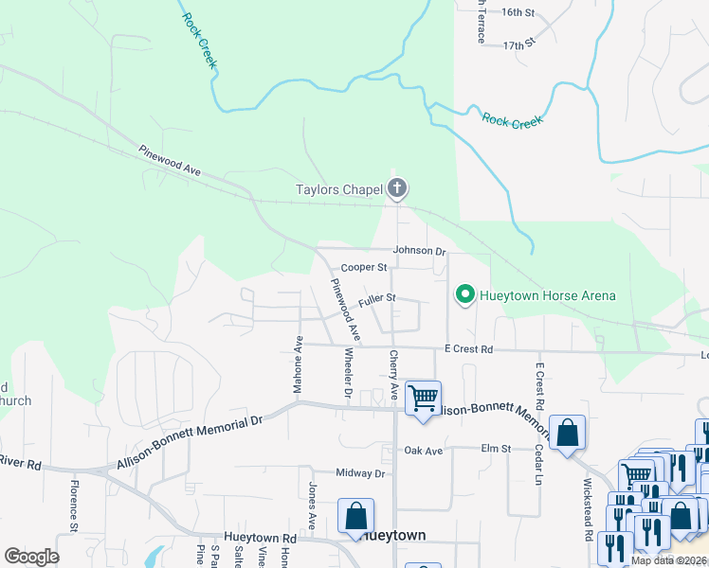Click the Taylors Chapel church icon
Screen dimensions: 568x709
tap(397, 189)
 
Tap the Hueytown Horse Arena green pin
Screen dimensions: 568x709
tap(464, 295)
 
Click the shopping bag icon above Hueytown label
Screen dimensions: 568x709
tap(355, 516)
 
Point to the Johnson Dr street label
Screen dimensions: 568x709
tap(420, 252)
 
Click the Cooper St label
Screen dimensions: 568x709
tap(365, 268)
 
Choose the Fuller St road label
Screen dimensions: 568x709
tap(376, 300)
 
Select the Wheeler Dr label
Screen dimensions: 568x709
tap(348, 372)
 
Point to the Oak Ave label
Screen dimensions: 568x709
tap(424, 452)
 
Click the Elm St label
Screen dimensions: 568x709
tap(496, 448)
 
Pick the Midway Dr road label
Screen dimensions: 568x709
tap(361, 473)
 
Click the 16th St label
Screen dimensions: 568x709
tap(518, 12)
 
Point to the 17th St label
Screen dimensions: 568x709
tap(519, 44)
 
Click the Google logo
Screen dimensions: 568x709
tap(31, 557)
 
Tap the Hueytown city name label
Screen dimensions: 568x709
tap(393, 536)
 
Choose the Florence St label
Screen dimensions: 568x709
tap(72, 504)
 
